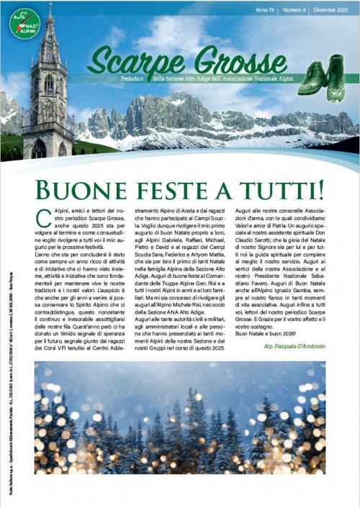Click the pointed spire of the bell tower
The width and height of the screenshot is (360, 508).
pyautogui.click(x=50, y=29)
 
